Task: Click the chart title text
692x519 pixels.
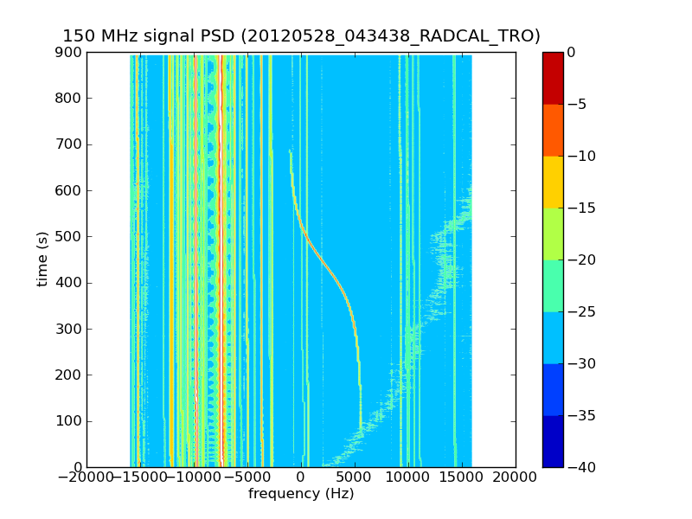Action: click(x=301, y=36)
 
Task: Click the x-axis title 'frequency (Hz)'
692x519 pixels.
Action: click(x=301, y=494)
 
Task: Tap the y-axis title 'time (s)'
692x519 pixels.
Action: click(x=42, y=259)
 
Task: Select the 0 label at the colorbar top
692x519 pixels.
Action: click(x=572, y=53)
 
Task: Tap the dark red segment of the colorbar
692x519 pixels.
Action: click(x=553, y=78)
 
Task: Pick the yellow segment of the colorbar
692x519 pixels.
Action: click(x=553, y=182)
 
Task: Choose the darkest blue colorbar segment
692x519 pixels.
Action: click(x=553, y=441)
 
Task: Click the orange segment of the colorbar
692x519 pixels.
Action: click(x=553, y=130)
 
